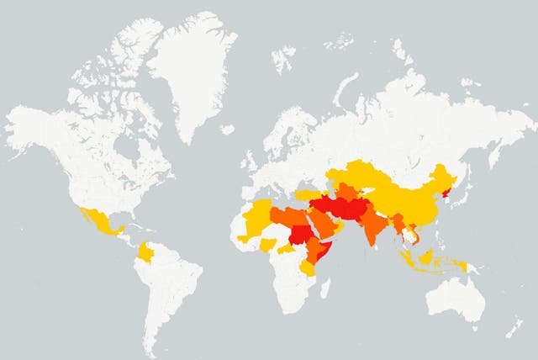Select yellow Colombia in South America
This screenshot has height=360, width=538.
[x=146, y=253]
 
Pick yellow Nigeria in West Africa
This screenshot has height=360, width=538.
[x=268, y=245]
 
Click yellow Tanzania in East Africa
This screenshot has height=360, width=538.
[x=306, y=267]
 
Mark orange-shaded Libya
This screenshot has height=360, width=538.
[x=283, y=214]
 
